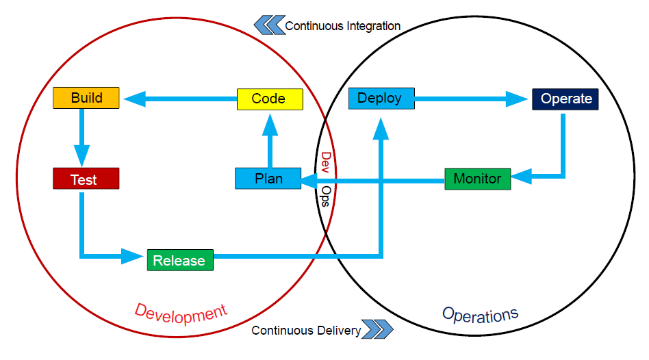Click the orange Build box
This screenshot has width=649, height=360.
coord(86,98)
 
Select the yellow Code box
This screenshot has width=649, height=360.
coord(269,99)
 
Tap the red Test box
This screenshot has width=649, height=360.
coord(86,179)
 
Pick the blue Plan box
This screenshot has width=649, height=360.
coord(268,179)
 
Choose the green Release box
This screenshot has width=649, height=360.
coord(180,260)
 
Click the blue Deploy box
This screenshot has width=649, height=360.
coord(381,98)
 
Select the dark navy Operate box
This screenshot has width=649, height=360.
coord(565,99)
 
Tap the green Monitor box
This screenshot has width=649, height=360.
coord(477,179)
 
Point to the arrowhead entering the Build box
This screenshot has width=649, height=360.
coord(134,99)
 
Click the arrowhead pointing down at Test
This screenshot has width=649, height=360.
coord(82,155)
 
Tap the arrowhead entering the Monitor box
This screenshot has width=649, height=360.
coord(522,177)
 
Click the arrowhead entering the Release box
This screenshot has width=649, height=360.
coord(133,257)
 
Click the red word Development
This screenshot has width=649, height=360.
coord(180,312)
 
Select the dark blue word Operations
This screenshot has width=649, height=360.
coord(480,315)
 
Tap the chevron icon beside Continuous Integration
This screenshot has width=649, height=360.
coord(269,26)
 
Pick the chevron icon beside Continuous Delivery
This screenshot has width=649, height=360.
coord(378,330)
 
